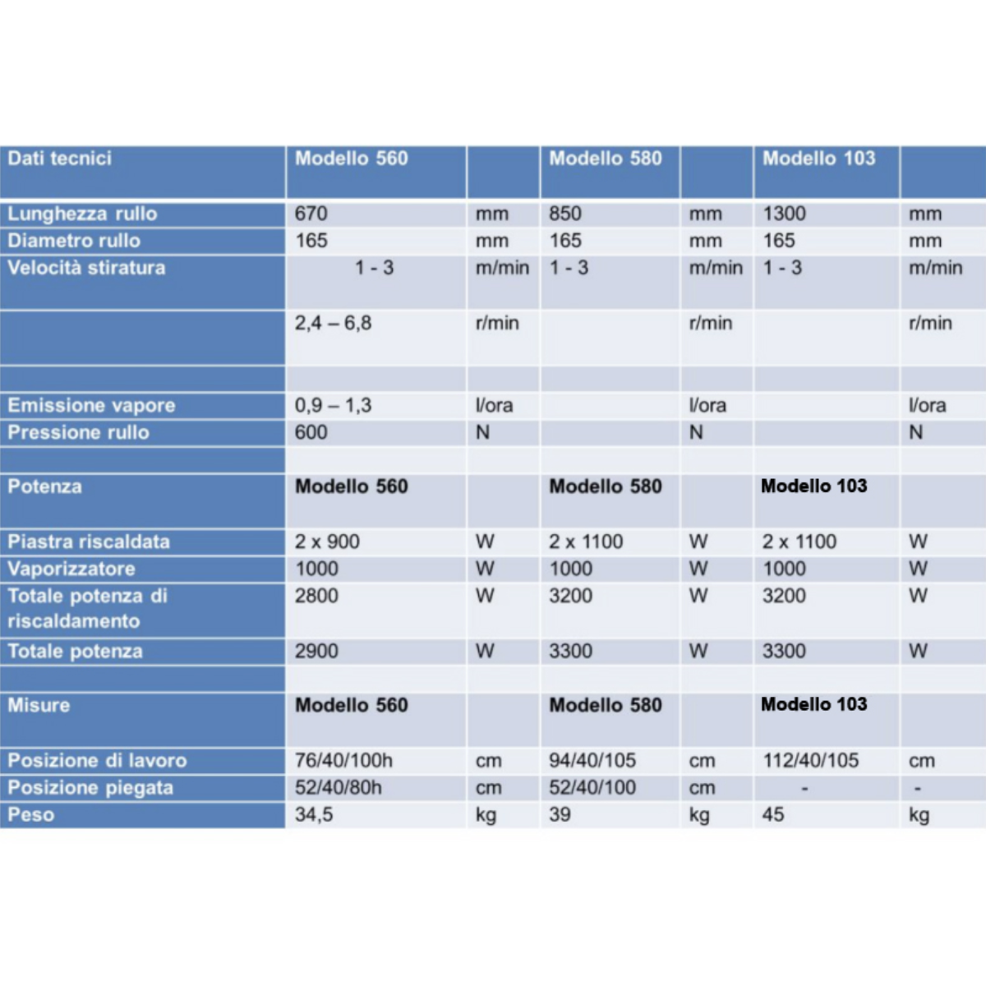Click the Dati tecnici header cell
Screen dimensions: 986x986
[x=60, y=159]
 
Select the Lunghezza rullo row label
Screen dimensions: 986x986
[x=82, y=214]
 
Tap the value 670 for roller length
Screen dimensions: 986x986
[x=311, y=214]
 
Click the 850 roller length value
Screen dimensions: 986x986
[x=565, y=214]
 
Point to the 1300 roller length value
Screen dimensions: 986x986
[x=785, y=214]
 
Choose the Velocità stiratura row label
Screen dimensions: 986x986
[x=86, y=268]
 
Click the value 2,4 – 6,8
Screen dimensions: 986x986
[x=333, y=324]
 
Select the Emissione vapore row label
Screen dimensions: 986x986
[x=91, y=406]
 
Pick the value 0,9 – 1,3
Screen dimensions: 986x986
[x=333, y=406]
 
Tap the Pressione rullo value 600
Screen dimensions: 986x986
[x=311, y=433]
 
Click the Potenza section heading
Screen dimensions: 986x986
[x=45, y=486]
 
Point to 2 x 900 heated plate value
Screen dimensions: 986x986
[x=327, y=542]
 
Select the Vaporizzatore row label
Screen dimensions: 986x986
[x=71, y=569]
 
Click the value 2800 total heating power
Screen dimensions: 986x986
[x=316, y=597]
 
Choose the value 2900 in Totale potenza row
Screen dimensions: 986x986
[x=316, y=652]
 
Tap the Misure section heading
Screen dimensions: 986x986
[x=39, y=705]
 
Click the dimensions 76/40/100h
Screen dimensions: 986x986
[x=343, y=761]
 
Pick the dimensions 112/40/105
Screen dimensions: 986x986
[x=811, y=761]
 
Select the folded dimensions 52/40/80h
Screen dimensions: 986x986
[x=339, y=788]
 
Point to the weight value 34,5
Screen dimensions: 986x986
[x=314, y=815]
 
